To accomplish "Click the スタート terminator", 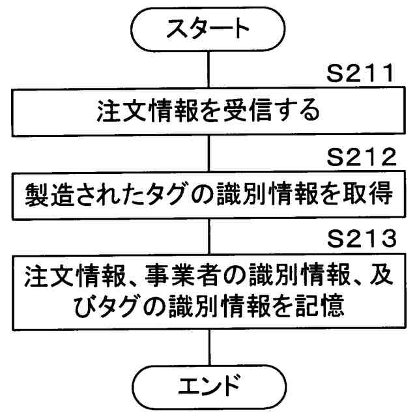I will click(x=208, y=27).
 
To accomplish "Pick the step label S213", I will click(x=361, y=240).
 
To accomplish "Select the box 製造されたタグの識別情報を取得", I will click(x=208, y=193).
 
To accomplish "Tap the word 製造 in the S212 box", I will click(x=46, y=194).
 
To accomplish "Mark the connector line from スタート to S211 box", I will click(x=208, y=68).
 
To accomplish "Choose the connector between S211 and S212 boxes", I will click(x=208, y=152).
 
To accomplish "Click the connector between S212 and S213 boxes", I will click(x=208, y=234).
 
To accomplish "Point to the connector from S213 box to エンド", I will click(x=208, y=349).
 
